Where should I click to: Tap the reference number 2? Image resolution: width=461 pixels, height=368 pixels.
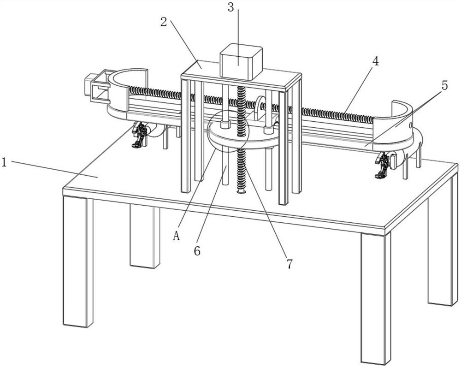(163, 22)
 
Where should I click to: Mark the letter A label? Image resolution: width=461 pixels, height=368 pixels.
(176, 237)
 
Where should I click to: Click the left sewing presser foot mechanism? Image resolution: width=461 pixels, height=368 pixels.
(140, 135)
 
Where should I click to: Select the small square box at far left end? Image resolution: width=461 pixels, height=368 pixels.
(94, 86)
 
